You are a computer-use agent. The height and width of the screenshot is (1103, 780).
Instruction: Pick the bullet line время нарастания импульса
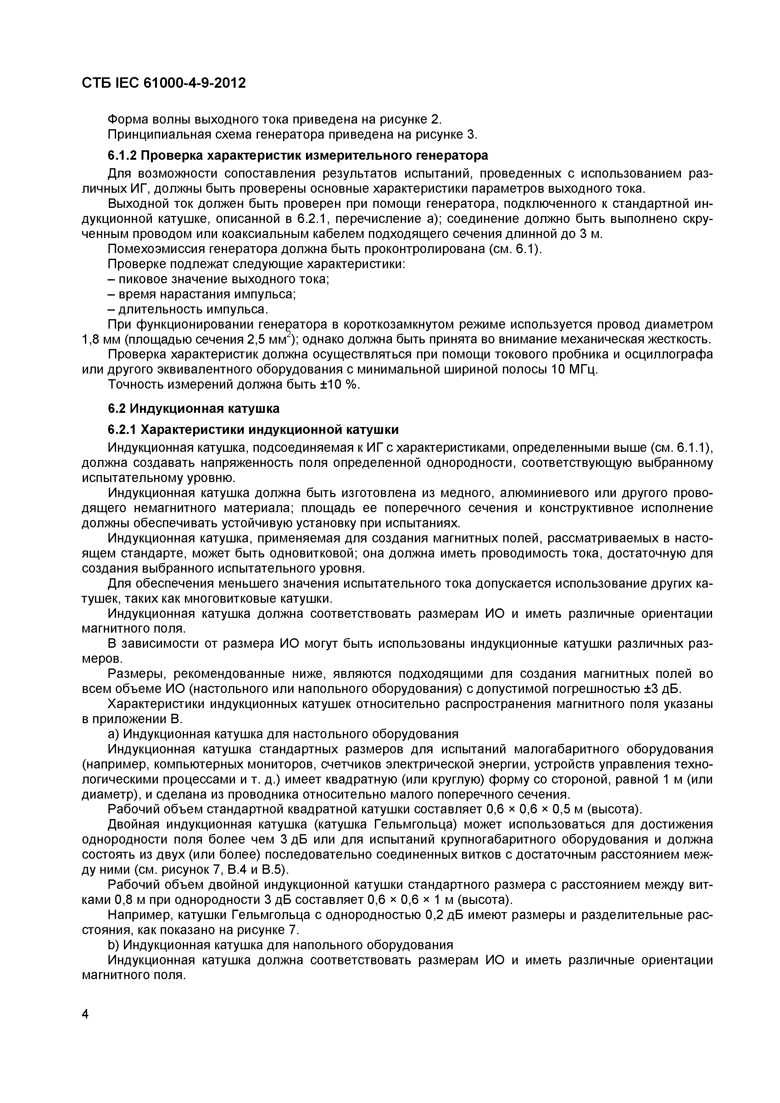click(202, 294)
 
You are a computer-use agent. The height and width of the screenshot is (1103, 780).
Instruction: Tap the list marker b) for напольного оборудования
click(114, 945)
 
